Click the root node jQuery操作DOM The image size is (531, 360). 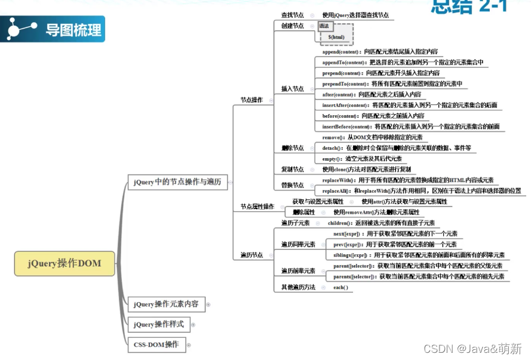65,263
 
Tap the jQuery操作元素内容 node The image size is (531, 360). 166,304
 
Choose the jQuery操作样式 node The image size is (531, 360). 158,324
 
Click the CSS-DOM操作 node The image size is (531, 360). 156,344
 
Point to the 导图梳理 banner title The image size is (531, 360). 73,29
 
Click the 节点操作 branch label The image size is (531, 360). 251,100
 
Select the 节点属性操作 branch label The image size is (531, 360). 257,207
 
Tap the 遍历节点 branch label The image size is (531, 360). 251,255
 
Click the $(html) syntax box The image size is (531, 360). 336,37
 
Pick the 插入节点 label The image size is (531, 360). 293,89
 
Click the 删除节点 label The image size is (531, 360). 293,148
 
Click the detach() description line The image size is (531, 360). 397,148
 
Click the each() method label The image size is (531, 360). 340,288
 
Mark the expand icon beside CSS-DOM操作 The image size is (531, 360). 189,344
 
